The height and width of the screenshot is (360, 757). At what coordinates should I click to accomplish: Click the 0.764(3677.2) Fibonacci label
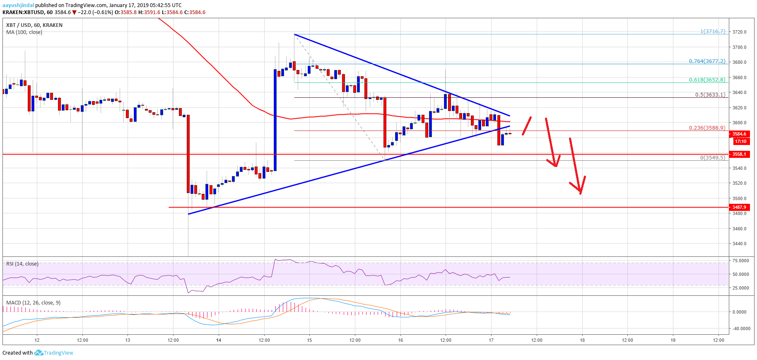[x=707, y=61]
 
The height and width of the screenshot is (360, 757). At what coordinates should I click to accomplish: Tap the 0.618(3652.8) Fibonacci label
[x=707, y=80]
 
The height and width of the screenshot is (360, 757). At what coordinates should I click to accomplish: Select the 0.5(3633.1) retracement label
[x=710, y=95]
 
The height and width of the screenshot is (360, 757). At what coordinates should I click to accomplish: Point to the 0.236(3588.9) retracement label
[x=707, y=128]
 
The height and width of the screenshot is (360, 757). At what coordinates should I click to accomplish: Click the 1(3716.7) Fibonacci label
[x=712, y=31]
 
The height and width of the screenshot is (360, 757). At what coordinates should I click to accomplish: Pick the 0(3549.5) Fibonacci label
[x=712, y=158]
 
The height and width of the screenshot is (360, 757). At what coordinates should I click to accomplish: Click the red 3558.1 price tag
[x=739, y=154]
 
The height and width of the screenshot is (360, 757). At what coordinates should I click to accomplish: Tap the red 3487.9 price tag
[x=739, y=207]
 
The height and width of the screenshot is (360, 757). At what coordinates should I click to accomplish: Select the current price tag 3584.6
[x=739, y=134]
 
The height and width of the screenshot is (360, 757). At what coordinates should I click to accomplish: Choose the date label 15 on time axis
[x=309, y=340]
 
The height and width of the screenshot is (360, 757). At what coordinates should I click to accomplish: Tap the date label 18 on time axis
[x=582, y=340]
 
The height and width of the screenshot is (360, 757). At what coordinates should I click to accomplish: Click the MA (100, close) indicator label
[x=24, y=32]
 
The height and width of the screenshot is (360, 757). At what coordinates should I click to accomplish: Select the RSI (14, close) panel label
[x=22, y=264]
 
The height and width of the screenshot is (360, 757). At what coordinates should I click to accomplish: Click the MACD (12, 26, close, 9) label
[x=33, y=303]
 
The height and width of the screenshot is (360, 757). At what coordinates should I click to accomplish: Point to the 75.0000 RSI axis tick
[x=740, y=261]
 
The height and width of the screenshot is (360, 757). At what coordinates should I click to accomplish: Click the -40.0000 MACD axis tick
[x=741, y=329]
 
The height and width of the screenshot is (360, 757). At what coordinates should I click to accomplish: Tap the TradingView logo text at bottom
[x=58, y=353]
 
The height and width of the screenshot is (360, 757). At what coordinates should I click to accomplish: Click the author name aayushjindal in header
[x=18, y=5]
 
